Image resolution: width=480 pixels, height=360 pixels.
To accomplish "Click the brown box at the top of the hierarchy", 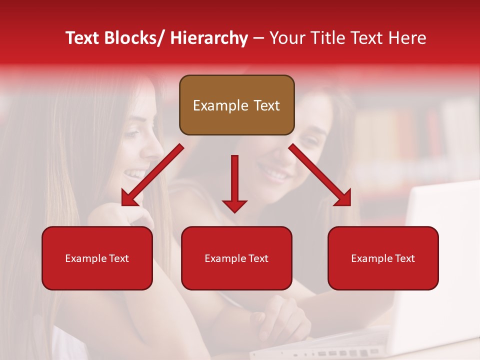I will (236, 105).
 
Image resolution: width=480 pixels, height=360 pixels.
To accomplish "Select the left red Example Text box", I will (97, 258).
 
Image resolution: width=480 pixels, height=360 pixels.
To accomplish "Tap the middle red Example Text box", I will (236, 258).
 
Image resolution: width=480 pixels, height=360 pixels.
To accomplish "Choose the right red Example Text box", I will (383, 258).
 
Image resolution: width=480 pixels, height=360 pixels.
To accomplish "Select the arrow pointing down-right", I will (320, 175).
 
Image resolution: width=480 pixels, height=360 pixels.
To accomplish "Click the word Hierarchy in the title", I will (208, 38).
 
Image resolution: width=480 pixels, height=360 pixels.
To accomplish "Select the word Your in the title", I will (286, 38).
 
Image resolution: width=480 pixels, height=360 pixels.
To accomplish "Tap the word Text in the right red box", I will (404, 258).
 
